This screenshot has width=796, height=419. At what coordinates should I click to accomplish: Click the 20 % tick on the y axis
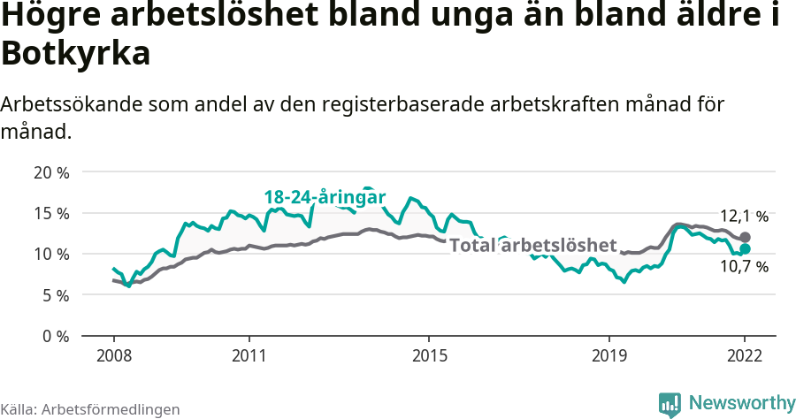(51, 172)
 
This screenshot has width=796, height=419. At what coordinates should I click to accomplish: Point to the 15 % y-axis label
(51, 213)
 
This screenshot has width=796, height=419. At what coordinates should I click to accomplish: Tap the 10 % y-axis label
(51, 255)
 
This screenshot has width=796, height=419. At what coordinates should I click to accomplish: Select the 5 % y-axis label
(55, 295)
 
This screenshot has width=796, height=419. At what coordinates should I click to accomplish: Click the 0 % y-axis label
(55, 336)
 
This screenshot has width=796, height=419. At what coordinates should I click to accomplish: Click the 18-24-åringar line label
(325, 197)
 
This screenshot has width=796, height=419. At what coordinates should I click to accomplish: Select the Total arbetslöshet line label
(532, 245)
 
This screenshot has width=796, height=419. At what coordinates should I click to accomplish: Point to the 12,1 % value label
(744, 216)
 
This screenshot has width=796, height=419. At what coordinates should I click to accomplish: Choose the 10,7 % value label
(744, 266)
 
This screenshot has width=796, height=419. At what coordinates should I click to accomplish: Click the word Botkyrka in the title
(76, 54)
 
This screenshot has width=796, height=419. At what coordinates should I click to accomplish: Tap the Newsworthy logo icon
(670, 404)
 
